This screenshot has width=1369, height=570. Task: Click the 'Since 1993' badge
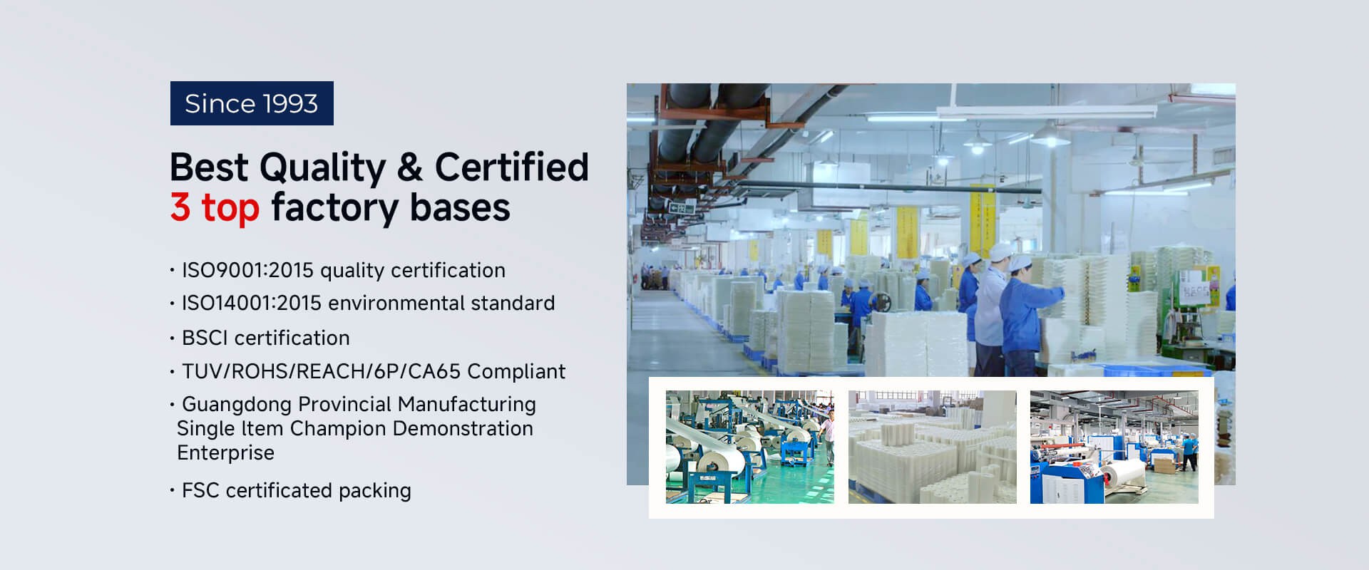pyautogui.click(x=252, y=103)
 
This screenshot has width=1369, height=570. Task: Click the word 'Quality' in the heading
pyautogui.click(x=322, y=168)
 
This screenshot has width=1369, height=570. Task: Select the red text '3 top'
pyautogui.click(x=215, y=207)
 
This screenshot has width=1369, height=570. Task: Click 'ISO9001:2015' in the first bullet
pyautogui.click(x=248, y=271)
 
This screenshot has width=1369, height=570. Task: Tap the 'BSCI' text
pyautogui.click(x=205, y=338)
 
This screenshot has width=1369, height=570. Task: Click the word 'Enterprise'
pyautogui.click(x=225, y=453)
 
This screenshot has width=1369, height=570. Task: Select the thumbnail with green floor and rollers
pyautogui.click(x=750, y=447)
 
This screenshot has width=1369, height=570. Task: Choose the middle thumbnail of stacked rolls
pyautogui.click(x=933, y=447)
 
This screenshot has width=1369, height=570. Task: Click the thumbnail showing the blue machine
pyautogui.click(x=1114, y=447)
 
